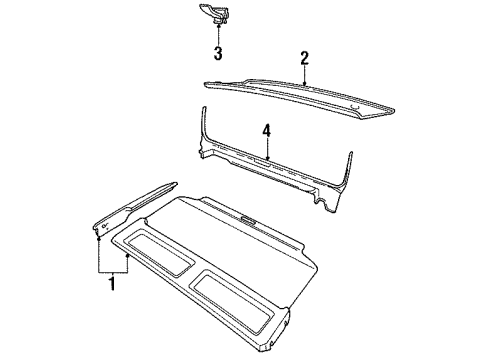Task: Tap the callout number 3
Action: coord(216,52)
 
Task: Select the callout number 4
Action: coord(266,129)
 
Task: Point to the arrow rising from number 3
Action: coord(216,36)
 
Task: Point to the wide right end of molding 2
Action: coord(380,109)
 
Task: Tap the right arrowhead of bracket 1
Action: coord(127,254)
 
